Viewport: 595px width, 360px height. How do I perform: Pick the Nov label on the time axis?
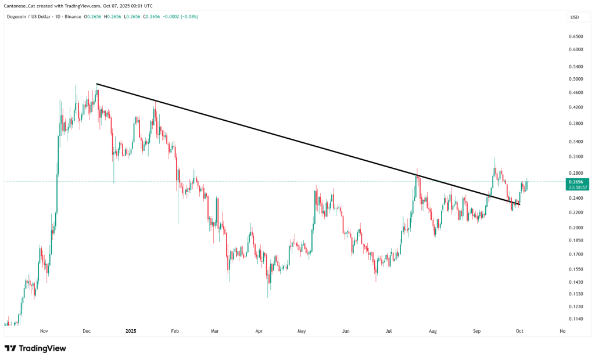[44, 331]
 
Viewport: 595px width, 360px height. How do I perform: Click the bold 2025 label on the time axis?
[131, 331]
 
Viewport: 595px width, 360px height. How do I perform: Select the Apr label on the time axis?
[259, 331]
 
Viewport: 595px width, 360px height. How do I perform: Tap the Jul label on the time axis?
[389, 331]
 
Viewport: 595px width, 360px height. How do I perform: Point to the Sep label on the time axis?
[476, 331]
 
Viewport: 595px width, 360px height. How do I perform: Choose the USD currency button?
[575, 17]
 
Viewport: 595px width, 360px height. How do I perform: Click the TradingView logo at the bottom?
[35, 348]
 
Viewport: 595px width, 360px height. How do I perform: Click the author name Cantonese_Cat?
[20, 5]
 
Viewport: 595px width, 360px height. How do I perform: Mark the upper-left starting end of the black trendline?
[96, 84]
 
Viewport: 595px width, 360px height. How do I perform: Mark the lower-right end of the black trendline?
[519, 204]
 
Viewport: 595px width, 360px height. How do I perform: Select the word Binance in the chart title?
[73, 16]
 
